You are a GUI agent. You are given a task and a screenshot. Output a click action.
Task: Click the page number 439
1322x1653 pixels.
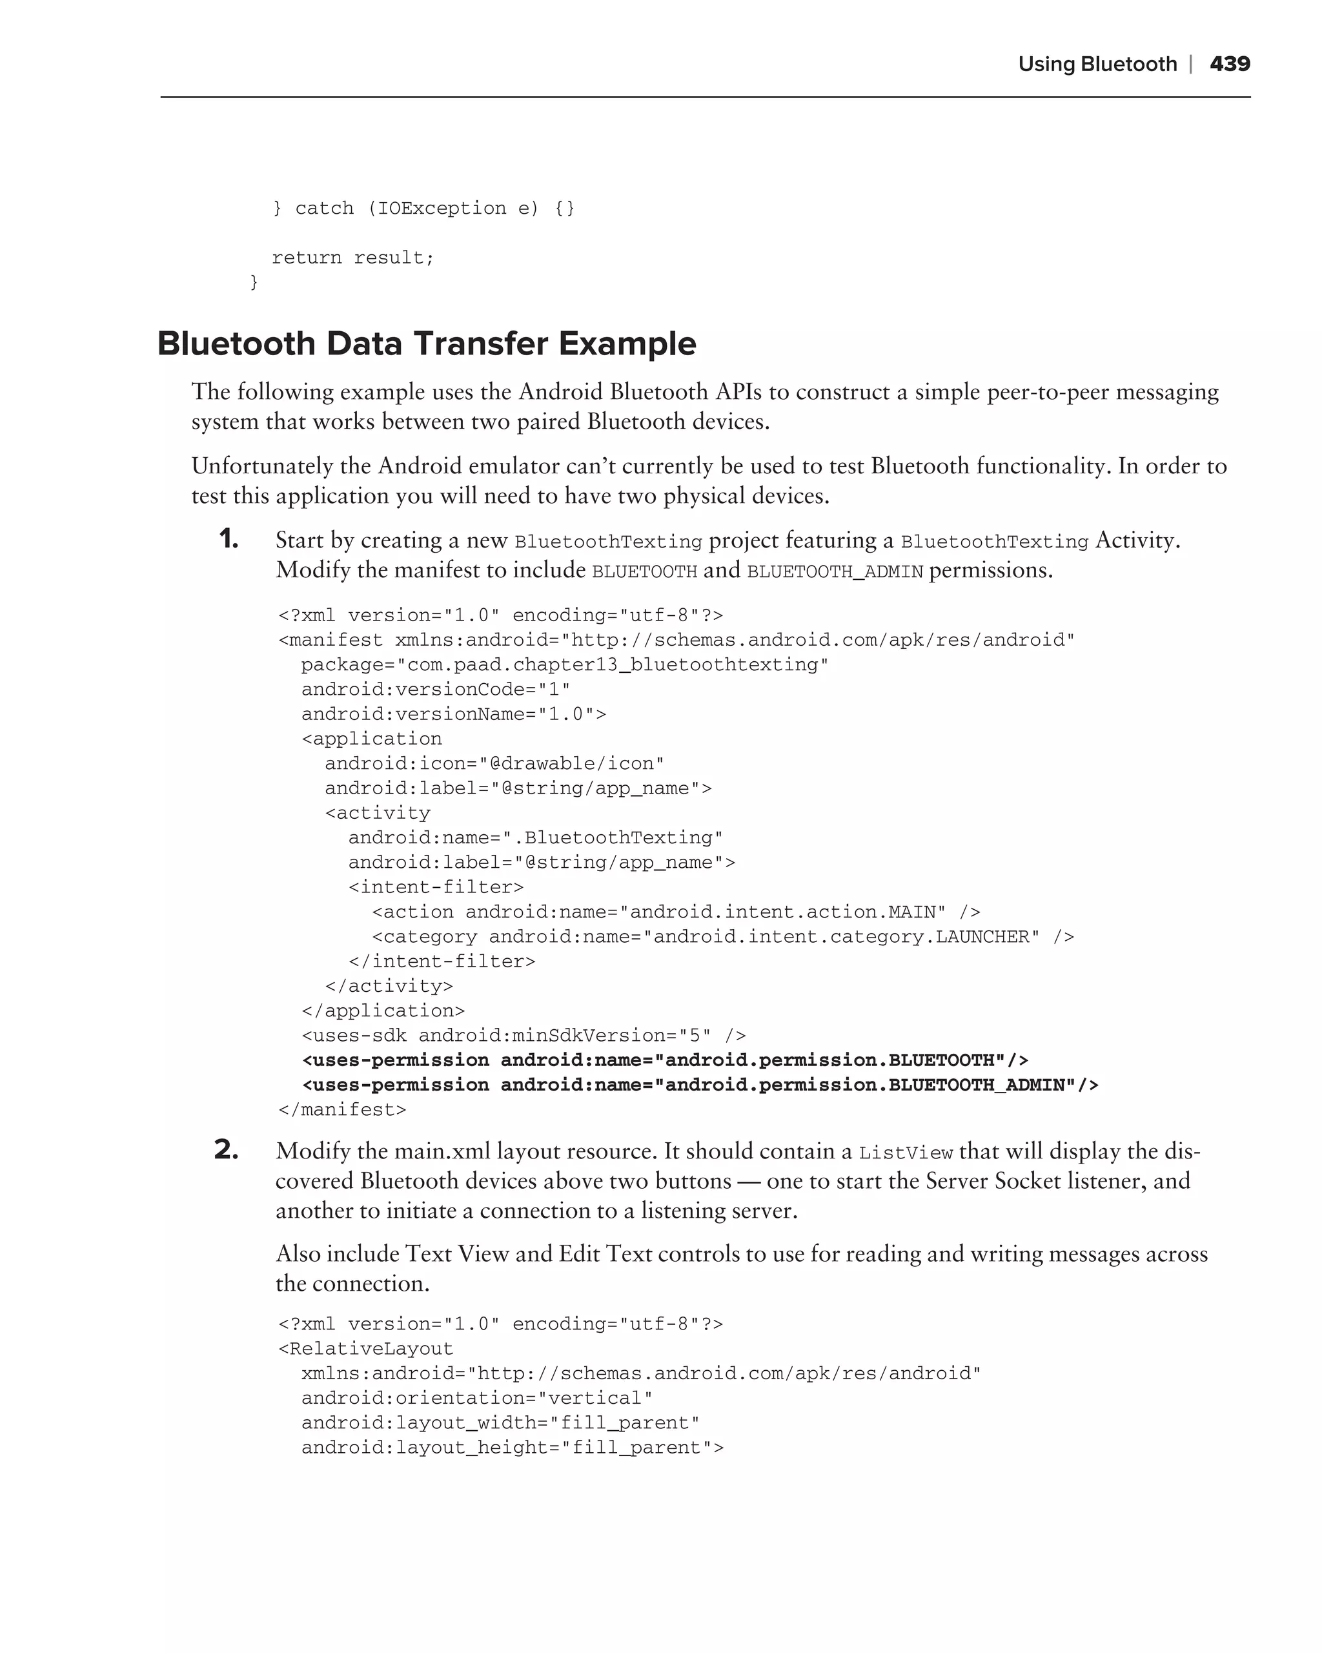coord(1229,64)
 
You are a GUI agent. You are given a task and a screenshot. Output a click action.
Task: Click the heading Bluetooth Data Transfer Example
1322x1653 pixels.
coord(426,344)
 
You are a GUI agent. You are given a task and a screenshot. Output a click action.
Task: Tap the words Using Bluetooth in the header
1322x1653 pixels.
coord(1097,65)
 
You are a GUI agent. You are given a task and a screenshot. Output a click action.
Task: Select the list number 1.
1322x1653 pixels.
coord(229,540)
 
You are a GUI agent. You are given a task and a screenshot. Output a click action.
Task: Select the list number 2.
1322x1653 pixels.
coord(227,1150)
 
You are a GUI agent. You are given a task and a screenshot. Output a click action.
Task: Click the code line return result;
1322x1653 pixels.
coord(352,258)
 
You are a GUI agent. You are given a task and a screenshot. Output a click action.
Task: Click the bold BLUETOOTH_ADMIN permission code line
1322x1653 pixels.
coord(700,1085)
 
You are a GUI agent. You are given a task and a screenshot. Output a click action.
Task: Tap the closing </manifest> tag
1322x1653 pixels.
coord(342,1109)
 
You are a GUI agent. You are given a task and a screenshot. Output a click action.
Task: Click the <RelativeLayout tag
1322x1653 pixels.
coord(365,1349)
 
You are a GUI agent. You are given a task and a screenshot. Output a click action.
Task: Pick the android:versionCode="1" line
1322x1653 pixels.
coord(435,689)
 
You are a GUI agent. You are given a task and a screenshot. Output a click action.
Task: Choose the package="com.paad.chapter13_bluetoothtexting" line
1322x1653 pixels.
coord(565,664)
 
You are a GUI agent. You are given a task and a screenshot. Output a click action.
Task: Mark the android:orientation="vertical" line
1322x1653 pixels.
coord(476,1398)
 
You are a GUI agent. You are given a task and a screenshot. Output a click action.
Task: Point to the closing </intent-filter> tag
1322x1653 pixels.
coord(442,961)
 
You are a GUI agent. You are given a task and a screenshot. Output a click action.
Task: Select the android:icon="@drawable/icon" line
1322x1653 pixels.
coord(494,764)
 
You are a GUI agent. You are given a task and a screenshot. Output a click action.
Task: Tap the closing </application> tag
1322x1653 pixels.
coord(383,1011)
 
